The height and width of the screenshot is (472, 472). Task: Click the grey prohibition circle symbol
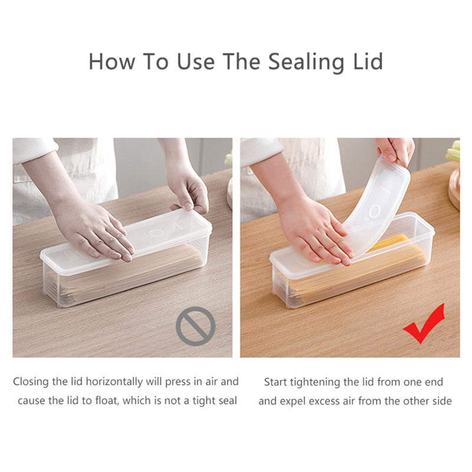click(x=195, y=326)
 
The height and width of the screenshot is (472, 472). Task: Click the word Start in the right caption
click(x=276, y=382)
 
